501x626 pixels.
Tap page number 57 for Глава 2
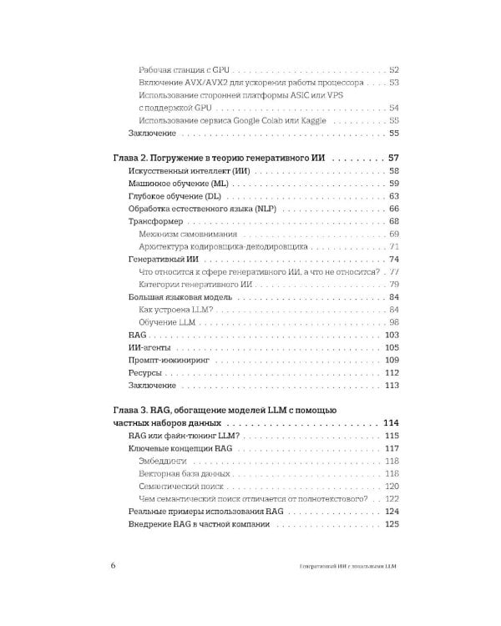pyautogui.click(x=395, y=158)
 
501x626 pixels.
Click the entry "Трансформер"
pyautogui.click(x=155, y=221)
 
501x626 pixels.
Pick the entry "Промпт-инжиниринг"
pyautogui.click(x=169, y=360)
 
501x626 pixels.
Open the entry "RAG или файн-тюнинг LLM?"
pyautogui.click(x=184, y=436)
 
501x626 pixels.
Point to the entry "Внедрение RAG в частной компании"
pyautogui.click(x=200, y=524)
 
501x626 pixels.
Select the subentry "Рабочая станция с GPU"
pyautogui.click(x=184, y=70)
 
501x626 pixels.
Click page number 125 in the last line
pyautogui.click(x=393, y=524)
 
